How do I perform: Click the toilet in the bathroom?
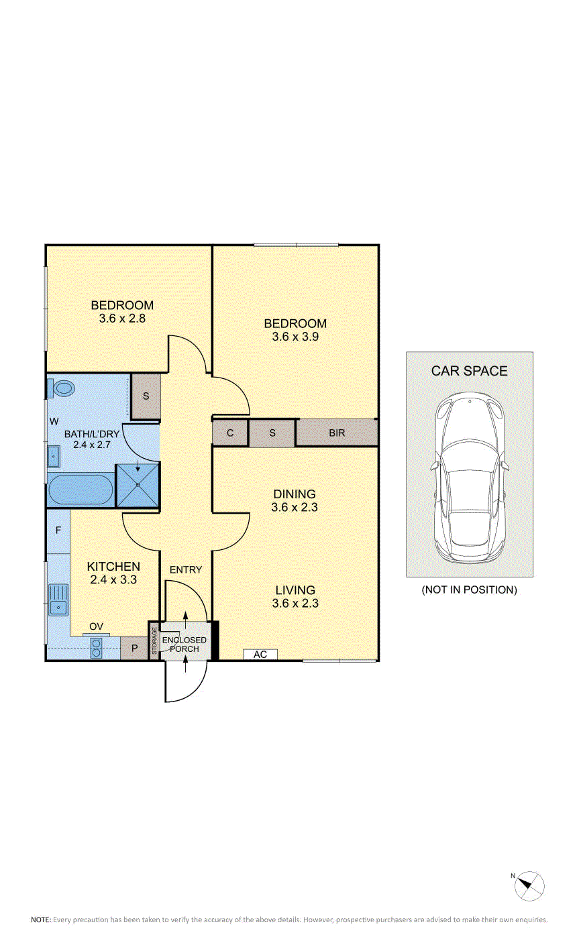(x=62, y=388)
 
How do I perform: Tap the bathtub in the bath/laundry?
(x=81, y=490)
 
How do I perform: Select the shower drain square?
(x=138, y=484)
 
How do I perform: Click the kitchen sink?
(x=58, y=600)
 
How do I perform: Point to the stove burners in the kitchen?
(x=97, y=649)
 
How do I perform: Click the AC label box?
(x=260, y=655)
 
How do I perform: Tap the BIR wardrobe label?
(x=337, y=433)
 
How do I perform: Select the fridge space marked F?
(x=58, y=531)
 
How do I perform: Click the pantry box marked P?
(x=134, y=648)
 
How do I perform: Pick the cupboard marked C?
(x=229, y=433)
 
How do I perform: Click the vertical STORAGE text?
(x=154, y=640)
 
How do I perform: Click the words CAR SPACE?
(x=469, y=371)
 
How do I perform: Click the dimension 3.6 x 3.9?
(x=295, y=337)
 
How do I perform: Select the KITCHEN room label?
(x=113, y=567)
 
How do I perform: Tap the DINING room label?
(x=295, y=494)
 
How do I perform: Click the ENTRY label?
(x=186, y=570)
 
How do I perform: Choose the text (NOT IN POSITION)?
(x=469, y=590)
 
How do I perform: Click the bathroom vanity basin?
(x=54, y=456)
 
